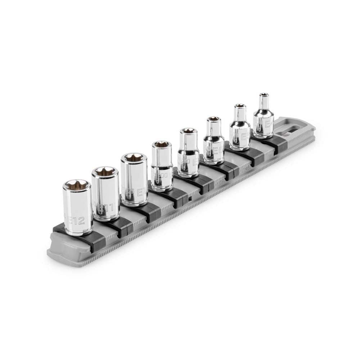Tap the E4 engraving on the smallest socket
coord(268,124)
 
